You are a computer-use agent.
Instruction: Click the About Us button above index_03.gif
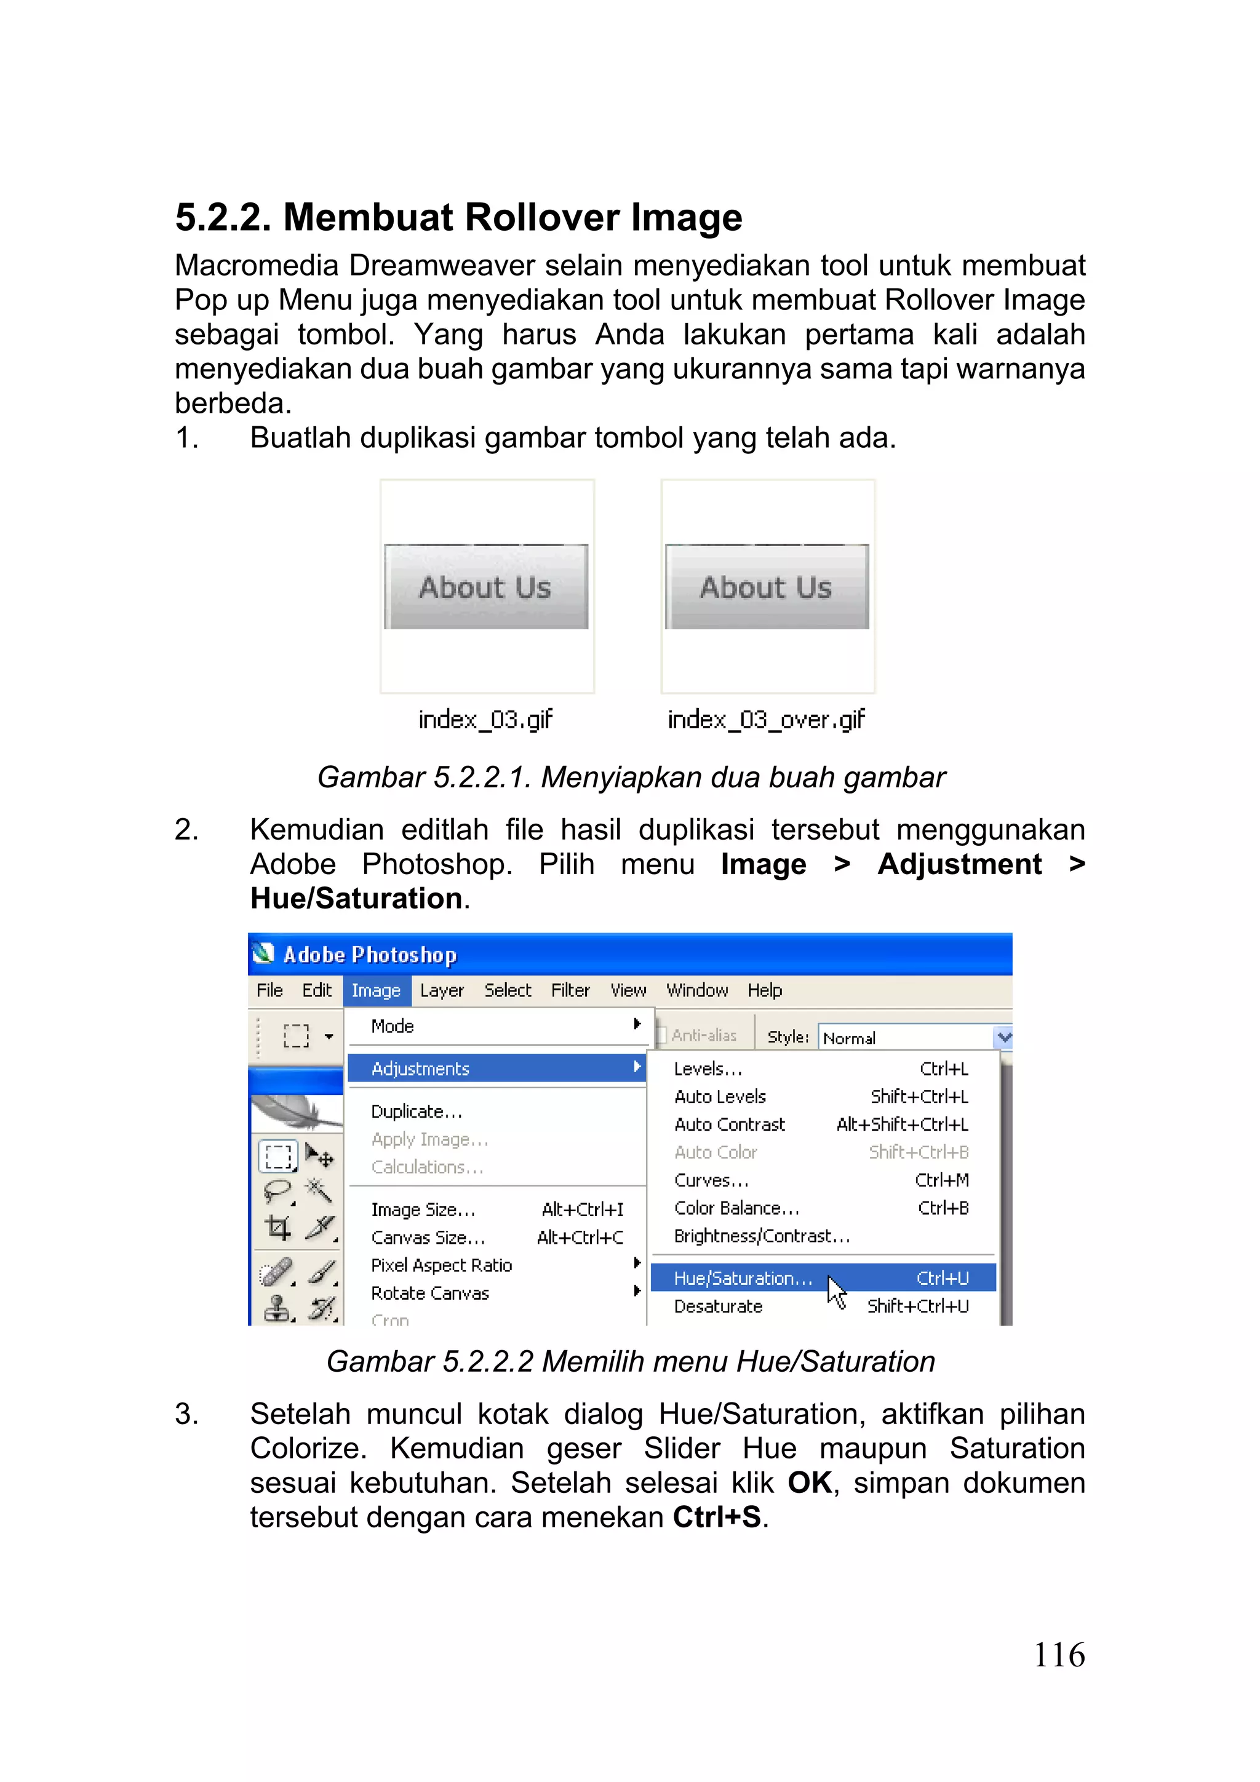pos(486,587)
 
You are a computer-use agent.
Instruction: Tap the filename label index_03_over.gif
pos(765,720)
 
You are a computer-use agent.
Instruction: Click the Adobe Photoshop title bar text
pos(370,955)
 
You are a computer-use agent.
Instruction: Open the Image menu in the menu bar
pos(376,990)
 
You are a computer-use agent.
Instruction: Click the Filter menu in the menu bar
pos(570,990)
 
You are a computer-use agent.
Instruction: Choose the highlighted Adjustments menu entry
pos(420,1068)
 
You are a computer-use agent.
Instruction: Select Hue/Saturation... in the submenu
pos(742,1278)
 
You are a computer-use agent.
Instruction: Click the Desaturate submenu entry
pos(718,1307)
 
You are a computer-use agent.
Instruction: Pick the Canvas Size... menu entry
pos(428,1237)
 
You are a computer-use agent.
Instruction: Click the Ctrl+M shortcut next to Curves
pos(941,1180)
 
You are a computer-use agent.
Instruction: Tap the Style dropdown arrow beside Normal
pos(1003,1037)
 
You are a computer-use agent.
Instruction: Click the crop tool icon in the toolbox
pos(278,1227)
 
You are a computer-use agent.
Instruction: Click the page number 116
pos(1058,1655)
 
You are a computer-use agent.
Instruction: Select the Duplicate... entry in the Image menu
pos(416,1112)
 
